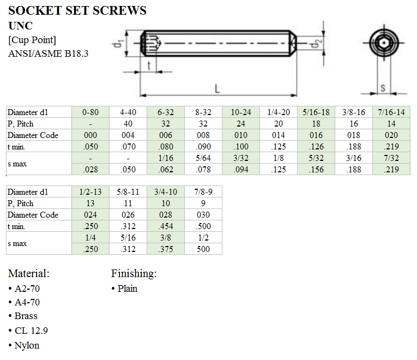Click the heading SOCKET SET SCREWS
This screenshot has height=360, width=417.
(77, 10)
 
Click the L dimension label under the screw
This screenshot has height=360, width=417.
(217, 88)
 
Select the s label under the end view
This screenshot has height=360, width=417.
(383, 87)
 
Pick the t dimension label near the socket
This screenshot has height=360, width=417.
(149, 65)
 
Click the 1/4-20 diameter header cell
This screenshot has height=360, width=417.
(279, 112)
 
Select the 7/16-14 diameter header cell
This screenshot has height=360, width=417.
(391, 112)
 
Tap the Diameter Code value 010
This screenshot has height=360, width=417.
(240, 135)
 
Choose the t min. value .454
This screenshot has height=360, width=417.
(165, 226)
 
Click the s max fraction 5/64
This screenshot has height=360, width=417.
(203, 158)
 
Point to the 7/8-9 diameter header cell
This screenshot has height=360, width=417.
(203, 191)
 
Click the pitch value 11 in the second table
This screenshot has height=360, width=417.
(128, 203)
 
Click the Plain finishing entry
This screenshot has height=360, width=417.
(127, 289)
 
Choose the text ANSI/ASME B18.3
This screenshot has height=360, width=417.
(49, 53)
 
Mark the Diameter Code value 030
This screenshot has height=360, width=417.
(203, 214)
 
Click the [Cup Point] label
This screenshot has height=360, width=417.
(32, 40)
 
